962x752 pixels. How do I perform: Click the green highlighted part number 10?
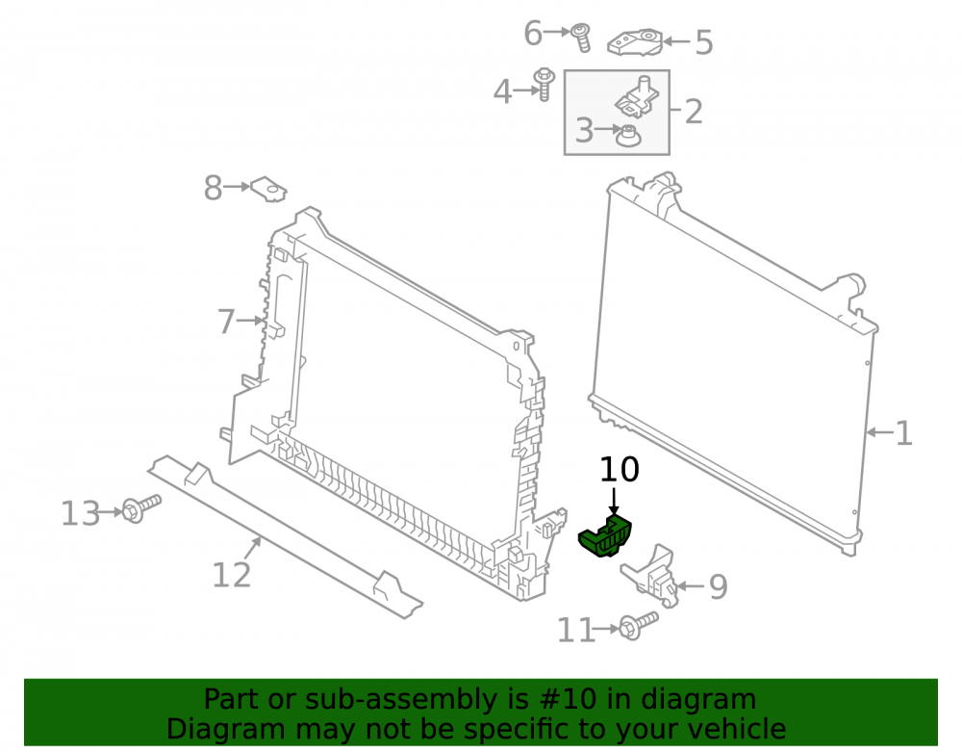click(x=605, y=537)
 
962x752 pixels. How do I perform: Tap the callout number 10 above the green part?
click(x=619, y=470)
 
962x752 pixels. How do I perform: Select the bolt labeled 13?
click(x=141, y=508)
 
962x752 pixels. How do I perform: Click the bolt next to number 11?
click(x=638, y=626)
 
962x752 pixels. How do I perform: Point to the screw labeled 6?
click(x=580, y=38)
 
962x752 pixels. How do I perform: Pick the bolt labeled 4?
click(x=544, y=85)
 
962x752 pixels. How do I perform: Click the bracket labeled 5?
click(x=635, y=41)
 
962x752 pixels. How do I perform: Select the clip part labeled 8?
click(x=268, y=189)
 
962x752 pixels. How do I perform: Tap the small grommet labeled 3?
click(x=628, y=136)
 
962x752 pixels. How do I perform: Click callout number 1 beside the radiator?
click(x=903, y=433)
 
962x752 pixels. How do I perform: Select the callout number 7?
click(x=226, y=322)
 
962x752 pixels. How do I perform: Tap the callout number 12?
click(x=231, y=575)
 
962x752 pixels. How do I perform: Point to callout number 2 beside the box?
click(x=694, y=112)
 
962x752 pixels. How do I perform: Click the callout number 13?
click(x=81, y=513)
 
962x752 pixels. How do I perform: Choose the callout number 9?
click(x=719, y=586)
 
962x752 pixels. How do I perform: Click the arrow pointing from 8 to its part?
click(x=238, y=187)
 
